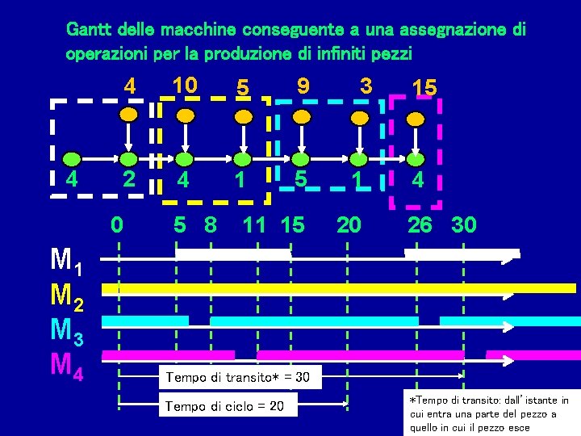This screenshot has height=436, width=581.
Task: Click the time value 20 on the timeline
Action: click(349, 224)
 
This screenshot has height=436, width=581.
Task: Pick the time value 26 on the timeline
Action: click(420, 224)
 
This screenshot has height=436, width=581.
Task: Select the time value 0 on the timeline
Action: click(118, 224)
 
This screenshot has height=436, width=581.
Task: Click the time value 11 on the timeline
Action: click(255, 224)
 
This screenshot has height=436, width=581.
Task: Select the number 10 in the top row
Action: click(185, 85)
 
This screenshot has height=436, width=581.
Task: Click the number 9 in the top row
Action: click(303, 85)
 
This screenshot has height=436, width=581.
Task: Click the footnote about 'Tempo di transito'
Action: click(489, 414)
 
